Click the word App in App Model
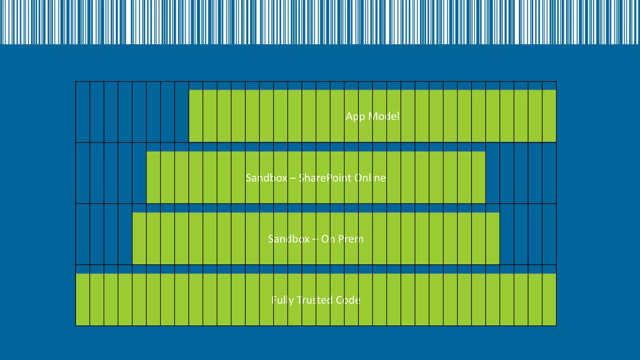coord(355,117)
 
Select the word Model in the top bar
coord(384,116)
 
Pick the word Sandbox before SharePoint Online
coord(266,178)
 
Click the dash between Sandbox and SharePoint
coord(293,178)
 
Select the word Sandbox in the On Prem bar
coord(289,239)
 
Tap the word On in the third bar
coord(328,239)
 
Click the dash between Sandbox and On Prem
coord(315,239)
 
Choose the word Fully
coord(282,300)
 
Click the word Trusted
coord(314,300)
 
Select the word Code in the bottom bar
coord(348,300)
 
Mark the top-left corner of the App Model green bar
coord(189,90)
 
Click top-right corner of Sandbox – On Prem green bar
coord(499,213)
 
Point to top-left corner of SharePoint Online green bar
coord(147,152)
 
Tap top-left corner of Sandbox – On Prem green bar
coord(132,213)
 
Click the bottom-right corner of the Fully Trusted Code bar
coord(556,325)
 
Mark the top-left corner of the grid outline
coord(76,82)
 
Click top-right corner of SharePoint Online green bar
coord(485,152)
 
